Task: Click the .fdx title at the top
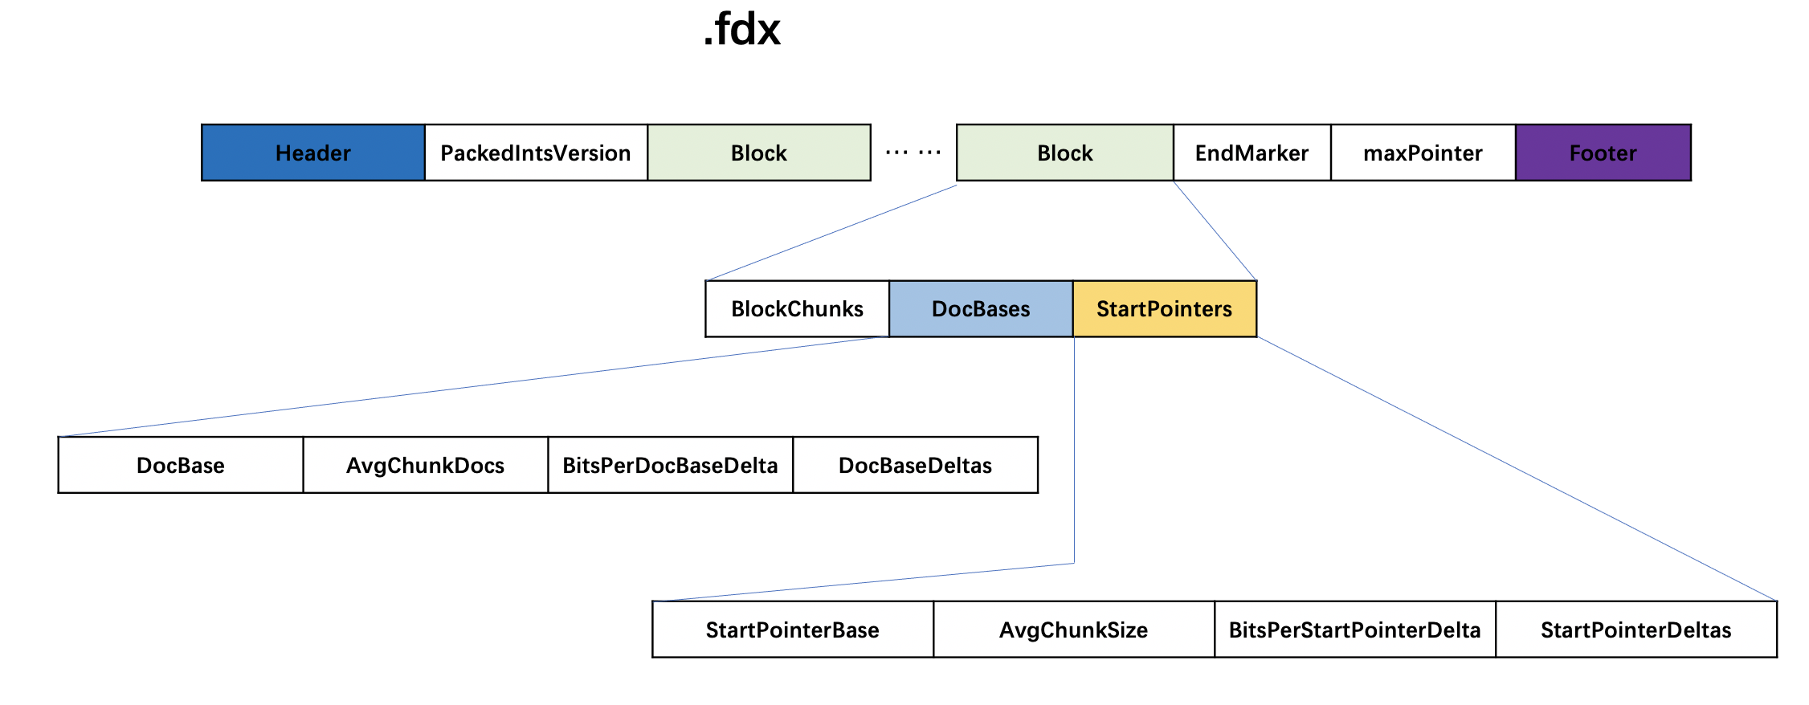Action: point(741,31)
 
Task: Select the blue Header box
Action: point(313,153)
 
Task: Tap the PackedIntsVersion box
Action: point(536,153)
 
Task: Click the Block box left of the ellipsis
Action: point(759,153)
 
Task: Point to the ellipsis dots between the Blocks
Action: point(913,152)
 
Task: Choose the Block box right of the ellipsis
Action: point(1065,153)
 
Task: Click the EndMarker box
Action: point(1252,153)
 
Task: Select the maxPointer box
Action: point(1423,153)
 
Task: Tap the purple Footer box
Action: point(1603,153)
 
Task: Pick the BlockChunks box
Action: point(797,308)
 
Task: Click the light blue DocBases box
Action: point(981,308)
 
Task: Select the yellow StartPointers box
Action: point(1164,308)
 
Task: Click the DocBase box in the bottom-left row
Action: point(181,465)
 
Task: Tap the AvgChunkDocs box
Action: point(425,465)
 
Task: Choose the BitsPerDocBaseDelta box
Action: point(670,465)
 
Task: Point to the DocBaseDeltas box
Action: point(915,465)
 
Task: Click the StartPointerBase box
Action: point(792,630)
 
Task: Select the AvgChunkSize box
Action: point(1073,630)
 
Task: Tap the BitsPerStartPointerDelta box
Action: point(1354,630)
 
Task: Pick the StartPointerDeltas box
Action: point(1635,630)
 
